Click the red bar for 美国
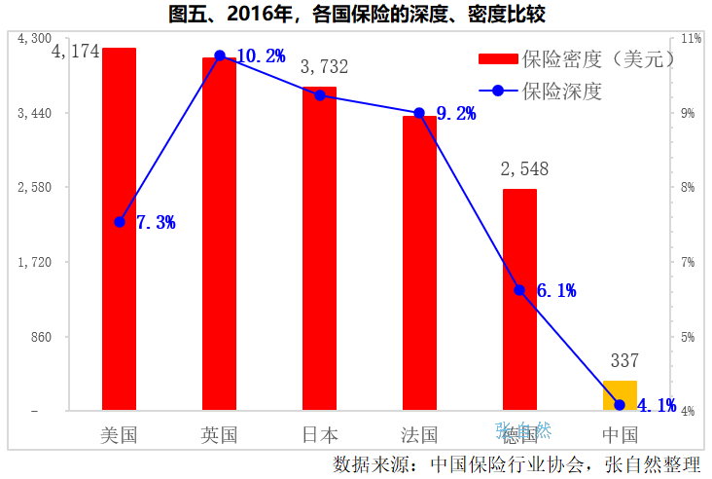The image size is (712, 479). coord(119,229)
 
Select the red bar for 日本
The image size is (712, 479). coord(319,248)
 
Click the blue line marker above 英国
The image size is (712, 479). coord(220,55)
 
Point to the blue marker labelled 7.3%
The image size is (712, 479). coord(120,222)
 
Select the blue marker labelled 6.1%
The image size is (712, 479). coord(519,290)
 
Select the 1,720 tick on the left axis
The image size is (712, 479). coord(35,262)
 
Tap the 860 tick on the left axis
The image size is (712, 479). coord(40,337)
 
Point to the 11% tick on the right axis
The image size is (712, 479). coord(692,39)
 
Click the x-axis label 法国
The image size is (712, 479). coord(419,435)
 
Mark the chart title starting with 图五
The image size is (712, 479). coord(355,15)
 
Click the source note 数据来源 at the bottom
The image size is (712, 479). coord(516,462)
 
